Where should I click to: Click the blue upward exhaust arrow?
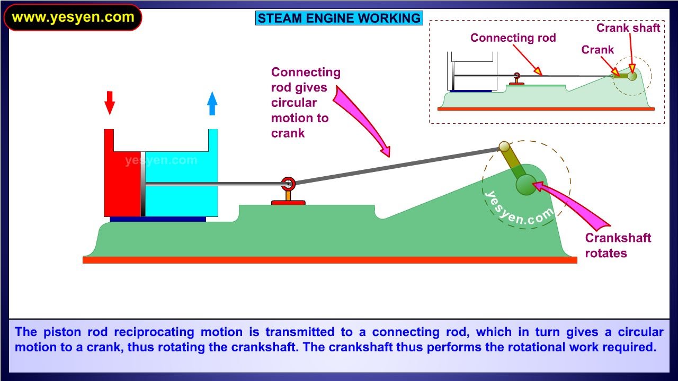tap(212, 103)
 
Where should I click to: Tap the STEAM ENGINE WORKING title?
tap(339, 19)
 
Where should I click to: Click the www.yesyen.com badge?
tap(73, 17)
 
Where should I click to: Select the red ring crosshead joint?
tap(288, 184)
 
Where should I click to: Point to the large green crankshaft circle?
tap(526, 185)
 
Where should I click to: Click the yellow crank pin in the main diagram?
tap(504, 147)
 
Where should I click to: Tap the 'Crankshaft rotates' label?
tap(618, 246)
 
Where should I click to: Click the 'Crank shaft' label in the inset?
tap(628, 28)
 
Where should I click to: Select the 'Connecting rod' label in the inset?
tap(513, 38)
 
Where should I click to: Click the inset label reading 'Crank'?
tap(597, 50)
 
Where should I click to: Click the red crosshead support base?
tap(288, 202)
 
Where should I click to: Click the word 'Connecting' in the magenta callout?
tap(306, 72)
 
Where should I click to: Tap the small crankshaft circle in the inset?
tap(632, 76)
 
